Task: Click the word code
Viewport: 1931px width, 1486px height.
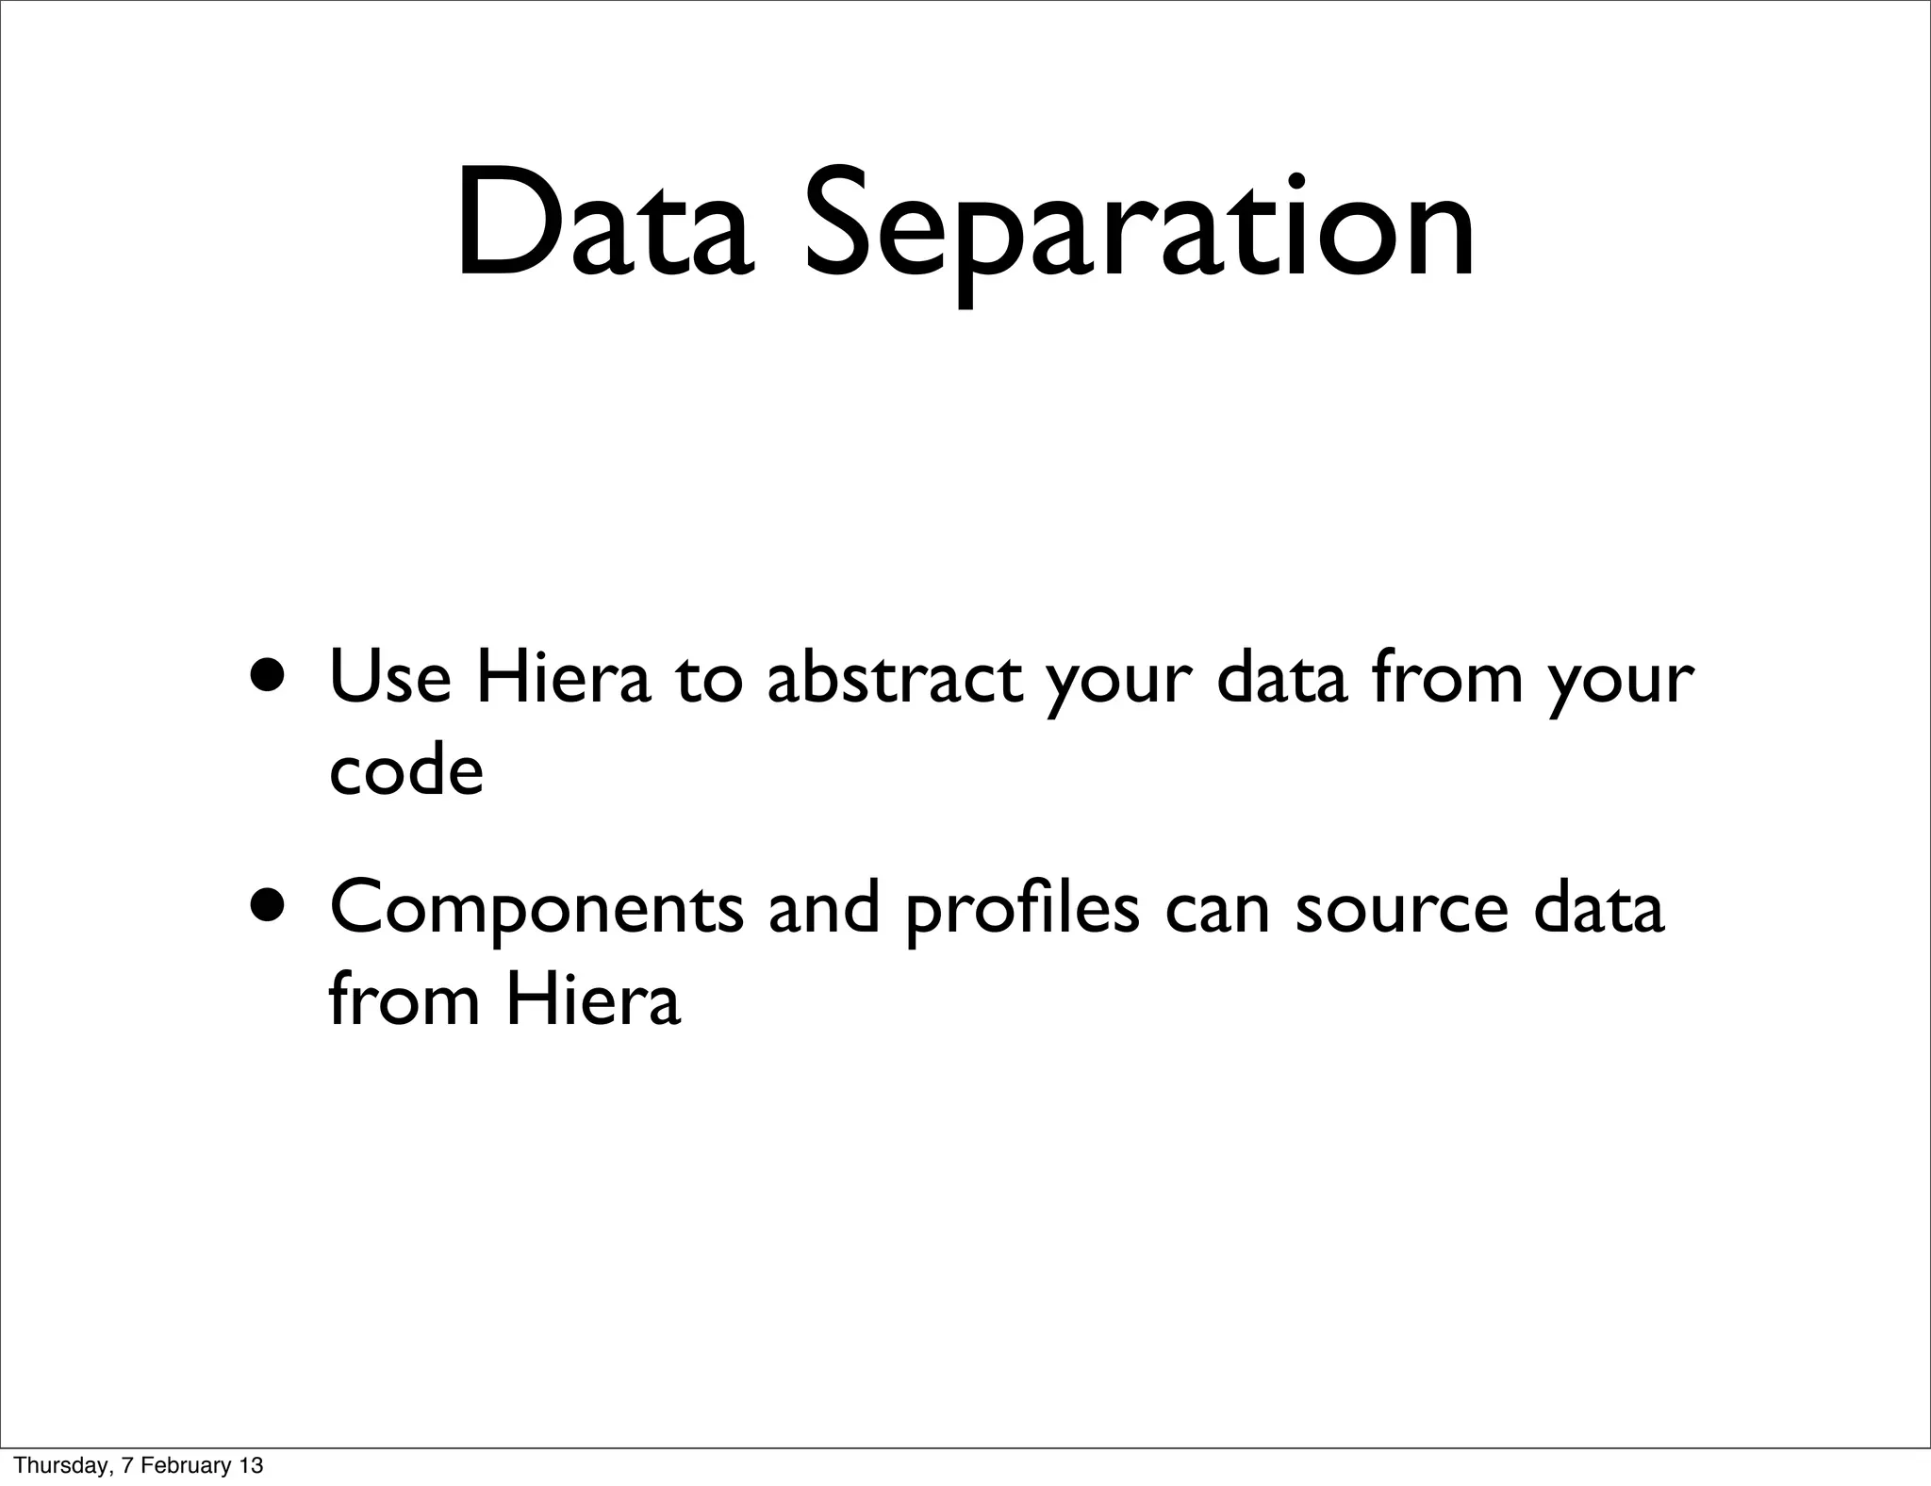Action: click(406, 771)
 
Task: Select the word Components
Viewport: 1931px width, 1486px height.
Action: click(536, 907)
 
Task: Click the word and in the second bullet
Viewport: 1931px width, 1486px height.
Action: click(823, 907)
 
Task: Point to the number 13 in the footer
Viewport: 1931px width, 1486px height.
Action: click(251, 1465)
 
